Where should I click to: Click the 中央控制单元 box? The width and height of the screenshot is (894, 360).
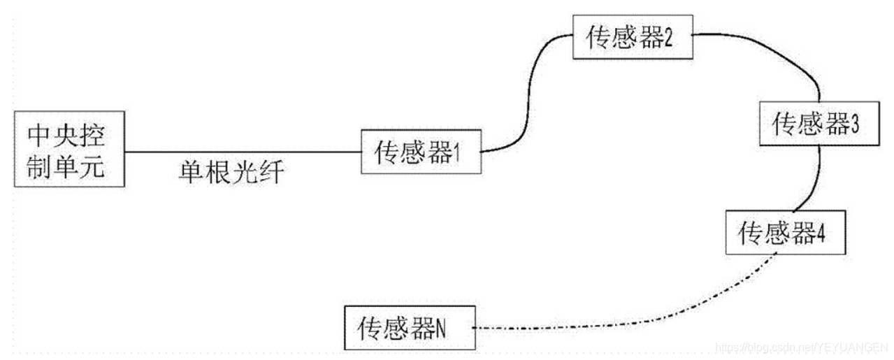69,149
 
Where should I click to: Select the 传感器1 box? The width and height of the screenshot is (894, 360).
421,152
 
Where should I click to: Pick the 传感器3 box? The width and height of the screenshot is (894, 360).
817,124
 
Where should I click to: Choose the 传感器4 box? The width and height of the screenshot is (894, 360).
784,232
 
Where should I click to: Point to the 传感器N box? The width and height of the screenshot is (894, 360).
409,327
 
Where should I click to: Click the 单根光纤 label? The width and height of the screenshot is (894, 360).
231,171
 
